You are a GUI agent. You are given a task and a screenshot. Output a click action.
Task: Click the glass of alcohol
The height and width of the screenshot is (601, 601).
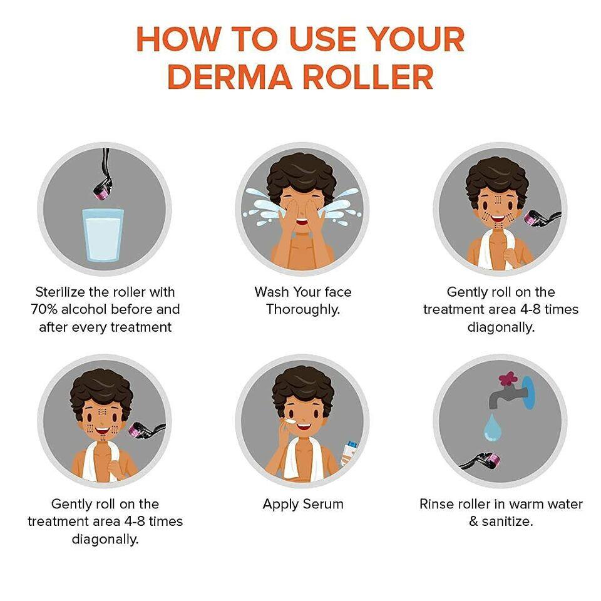click(x=103, y=235)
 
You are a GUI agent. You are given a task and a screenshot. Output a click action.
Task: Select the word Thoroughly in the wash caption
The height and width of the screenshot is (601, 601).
click(x=303, y=310)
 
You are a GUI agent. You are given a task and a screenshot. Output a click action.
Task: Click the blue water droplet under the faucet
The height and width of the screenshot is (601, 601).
click(x=492, y=428)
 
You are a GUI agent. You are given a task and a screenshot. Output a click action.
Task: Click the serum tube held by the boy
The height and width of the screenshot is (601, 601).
click(x=349, y=452)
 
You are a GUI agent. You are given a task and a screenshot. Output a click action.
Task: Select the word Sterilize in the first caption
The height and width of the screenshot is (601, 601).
click(x=60, y=292)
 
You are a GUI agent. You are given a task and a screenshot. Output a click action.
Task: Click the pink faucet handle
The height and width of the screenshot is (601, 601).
click(x=508, y=379)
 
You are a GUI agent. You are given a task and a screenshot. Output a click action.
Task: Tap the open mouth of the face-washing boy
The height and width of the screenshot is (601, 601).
click(x=302, y=222)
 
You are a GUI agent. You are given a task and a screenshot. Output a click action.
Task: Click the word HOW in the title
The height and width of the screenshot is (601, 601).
click(x=178, y=39)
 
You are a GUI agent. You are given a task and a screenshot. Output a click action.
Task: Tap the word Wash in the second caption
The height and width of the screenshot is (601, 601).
click(x=272, y=292)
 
